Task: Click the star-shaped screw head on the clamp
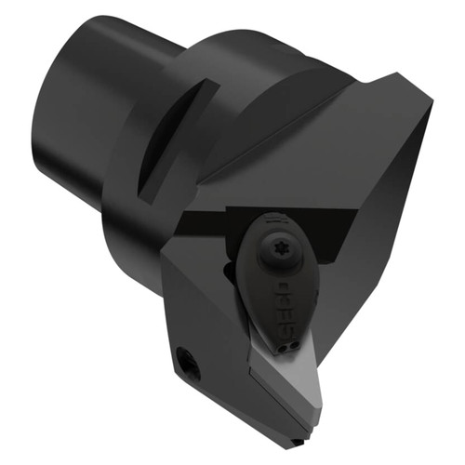[x=278, y=253]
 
